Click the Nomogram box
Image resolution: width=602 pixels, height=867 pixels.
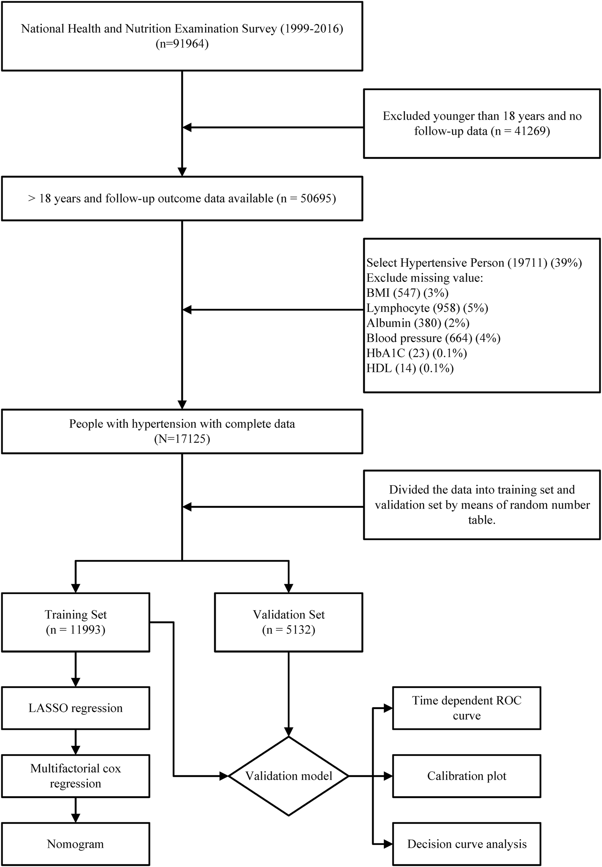pos(75,844)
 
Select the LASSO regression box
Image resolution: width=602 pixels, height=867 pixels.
pos(75,708)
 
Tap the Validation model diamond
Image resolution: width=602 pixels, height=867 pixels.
pos(288,776)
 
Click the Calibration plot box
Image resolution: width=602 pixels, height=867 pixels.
pos(466,776)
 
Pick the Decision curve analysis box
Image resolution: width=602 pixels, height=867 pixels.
pos(466,844)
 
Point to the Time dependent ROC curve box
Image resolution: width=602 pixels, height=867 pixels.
pos(466,708)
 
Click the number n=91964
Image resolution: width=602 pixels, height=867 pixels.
pos(182,44)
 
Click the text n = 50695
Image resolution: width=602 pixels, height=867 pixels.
pos(306,198)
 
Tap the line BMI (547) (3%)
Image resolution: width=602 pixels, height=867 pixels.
pos(407,293)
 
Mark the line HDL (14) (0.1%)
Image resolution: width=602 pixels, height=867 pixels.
pos(410,368)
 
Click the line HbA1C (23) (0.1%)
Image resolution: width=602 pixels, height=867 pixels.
pos(417,353)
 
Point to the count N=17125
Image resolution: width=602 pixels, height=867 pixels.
pos(182,439)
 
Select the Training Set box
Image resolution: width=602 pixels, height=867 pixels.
pos(75,622)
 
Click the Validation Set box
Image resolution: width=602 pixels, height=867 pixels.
pos(288,622)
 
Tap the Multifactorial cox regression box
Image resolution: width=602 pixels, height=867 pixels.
pos(75,776)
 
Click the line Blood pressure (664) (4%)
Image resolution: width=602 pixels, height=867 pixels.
pos(433,338)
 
